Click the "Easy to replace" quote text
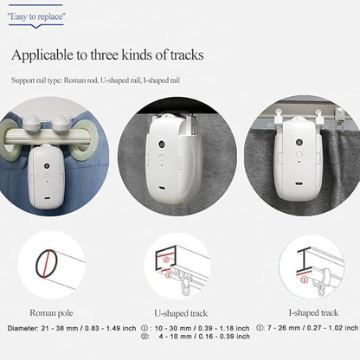36,16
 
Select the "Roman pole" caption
51,313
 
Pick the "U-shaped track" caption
181,313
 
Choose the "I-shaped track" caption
313,312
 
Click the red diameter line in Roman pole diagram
47,264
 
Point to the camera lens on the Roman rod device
47,166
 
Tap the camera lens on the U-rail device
161,144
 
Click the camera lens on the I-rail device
299,142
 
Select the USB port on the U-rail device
162,189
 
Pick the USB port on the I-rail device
299,183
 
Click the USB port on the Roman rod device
47,198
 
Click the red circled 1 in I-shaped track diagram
305,280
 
